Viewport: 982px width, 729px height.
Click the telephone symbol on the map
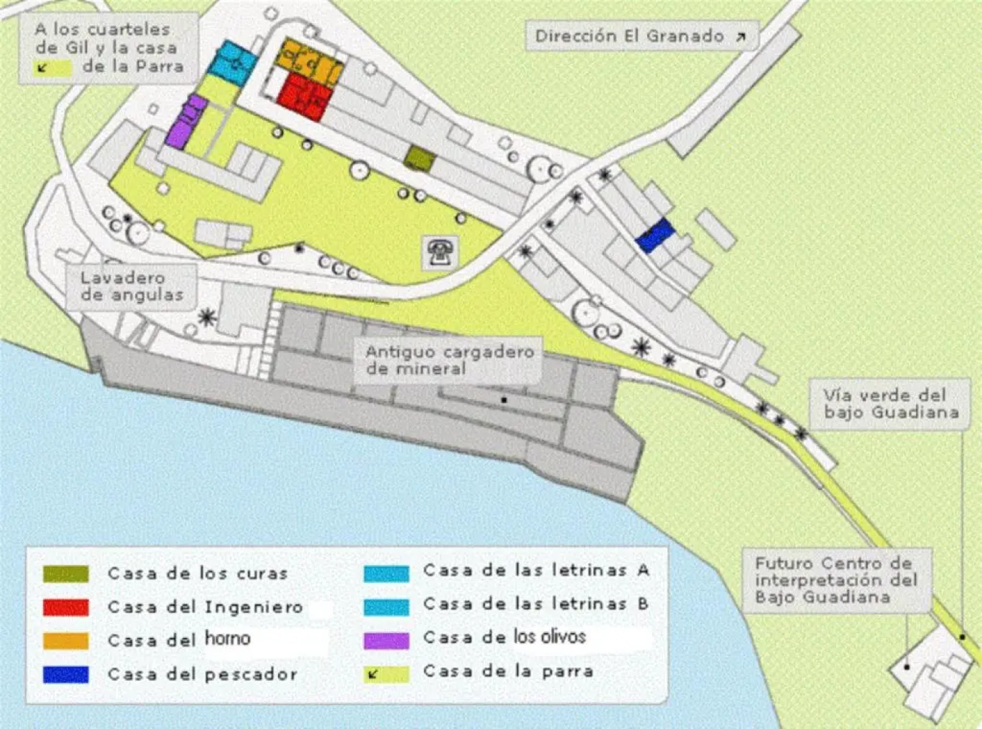pos(441,252)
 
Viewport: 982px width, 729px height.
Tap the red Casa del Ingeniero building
pos(305,97)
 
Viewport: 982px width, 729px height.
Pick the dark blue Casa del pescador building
pos(654,236)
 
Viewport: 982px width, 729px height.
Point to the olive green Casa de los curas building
pos(419,159)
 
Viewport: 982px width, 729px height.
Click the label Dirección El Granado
pos(629,36)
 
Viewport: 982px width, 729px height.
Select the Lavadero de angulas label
pos(132,286)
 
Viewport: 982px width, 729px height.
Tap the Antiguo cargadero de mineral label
pos(449,360)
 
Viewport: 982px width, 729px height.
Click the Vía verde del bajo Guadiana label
pos(890,404)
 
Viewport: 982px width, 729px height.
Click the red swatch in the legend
pos(65,607)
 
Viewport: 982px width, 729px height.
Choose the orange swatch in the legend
pos(65,641)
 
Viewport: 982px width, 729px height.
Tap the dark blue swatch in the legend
pos(65,674)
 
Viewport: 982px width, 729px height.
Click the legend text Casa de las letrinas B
pos(536,604)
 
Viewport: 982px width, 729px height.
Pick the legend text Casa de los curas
pos(198,574)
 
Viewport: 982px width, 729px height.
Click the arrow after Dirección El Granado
pos(740,37)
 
